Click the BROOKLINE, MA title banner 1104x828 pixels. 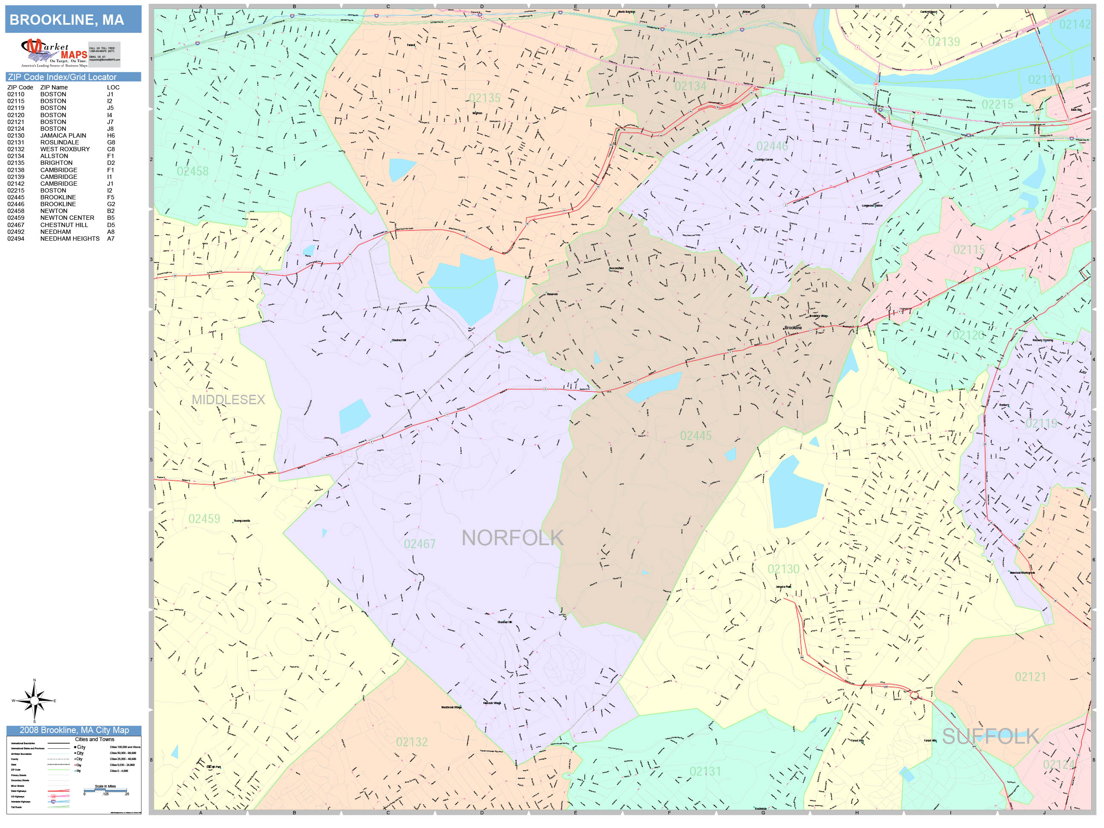point(73,20)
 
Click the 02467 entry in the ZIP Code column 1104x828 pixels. point(15,224)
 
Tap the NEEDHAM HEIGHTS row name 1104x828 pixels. point(69,239)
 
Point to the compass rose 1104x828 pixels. point(34,701)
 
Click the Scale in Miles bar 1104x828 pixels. point(105,791)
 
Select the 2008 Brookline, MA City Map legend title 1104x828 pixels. point(74,730)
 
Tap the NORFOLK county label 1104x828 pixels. point(512,538)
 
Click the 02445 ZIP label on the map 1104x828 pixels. point(695,436)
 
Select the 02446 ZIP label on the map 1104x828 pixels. point(772,146)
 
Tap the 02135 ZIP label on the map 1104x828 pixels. point(484,98)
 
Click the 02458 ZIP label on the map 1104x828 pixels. point(192,171)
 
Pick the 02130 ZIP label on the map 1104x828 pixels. point(783,569)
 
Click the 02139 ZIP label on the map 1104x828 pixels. point(943,41)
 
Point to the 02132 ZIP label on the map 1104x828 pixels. point(411,742)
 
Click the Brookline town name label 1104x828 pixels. point(793,328)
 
